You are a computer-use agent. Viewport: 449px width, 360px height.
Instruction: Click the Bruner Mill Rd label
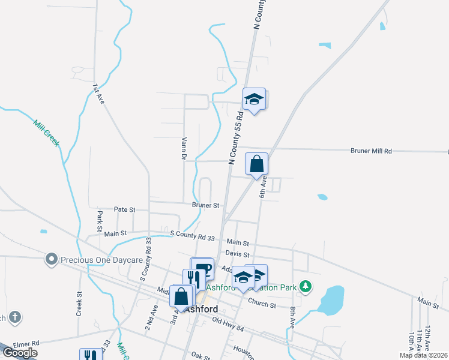point(371,151)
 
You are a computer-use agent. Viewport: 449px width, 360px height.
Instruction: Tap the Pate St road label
point(125,209)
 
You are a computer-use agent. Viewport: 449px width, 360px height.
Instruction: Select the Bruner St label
point(205,205)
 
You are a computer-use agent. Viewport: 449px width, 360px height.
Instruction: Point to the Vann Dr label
point(184,148)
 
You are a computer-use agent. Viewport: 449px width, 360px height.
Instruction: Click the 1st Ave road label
point(98,95)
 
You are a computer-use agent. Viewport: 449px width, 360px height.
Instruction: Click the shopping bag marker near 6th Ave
point(256,164)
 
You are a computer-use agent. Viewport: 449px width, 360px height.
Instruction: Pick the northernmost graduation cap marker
point(254,99)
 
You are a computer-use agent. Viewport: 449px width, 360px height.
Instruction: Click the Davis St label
point(237,255)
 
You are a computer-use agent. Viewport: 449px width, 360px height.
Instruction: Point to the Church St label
point(262,304)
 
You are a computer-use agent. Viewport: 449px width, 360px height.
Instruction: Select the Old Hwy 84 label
point(229,324)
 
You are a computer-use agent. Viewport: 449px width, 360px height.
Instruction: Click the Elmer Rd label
point(26,344)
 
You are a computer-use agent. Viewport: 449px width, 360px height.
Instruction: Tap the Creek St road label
point(79,304)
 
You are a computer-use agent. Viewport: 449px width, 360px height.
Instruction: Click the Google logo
point(20,353)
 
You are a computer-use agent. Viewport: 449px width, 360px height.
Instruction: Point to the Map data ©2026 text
point(423,355)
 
